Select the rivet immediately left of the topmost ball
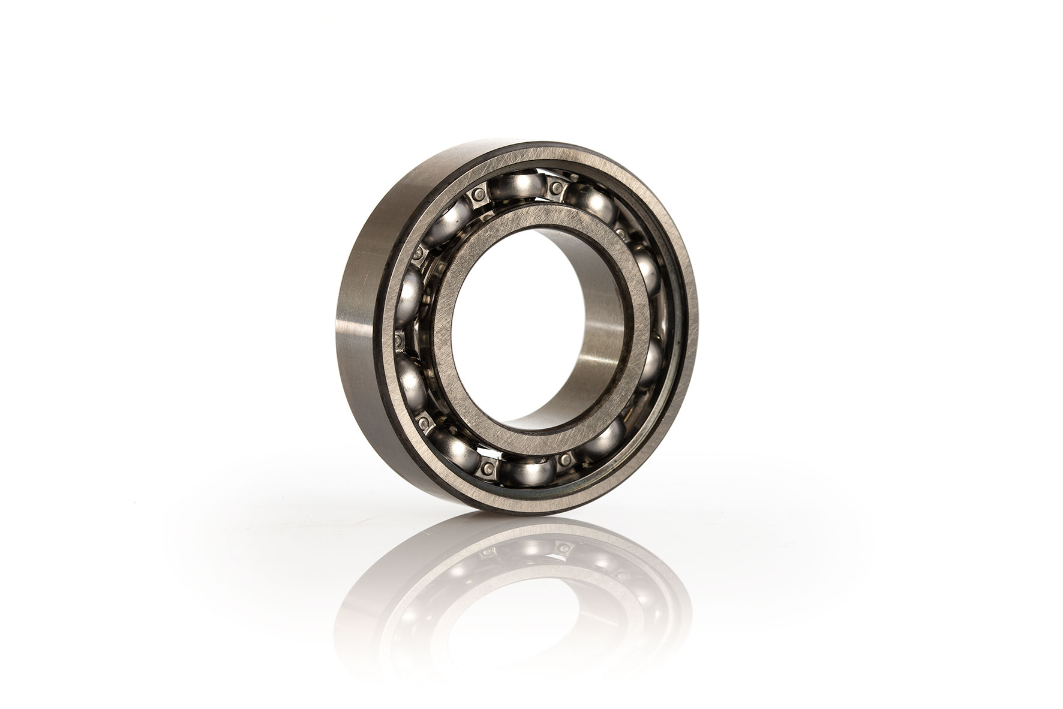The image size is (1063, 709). point(478,194)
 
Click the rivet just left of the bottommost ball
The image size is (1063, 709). point(488,467)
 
